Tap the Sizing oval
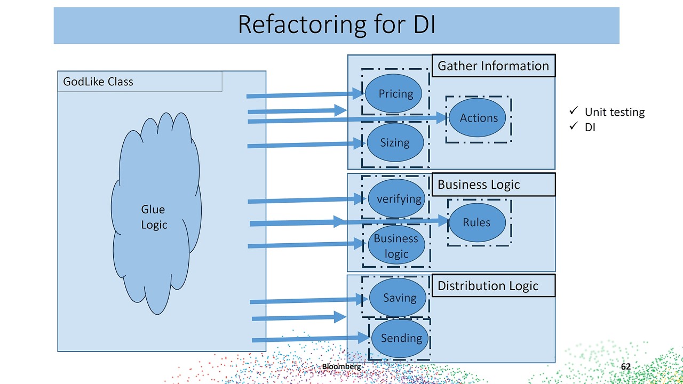[395, 142]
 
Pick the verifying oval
[397, 198]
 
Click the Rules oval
[476, 222]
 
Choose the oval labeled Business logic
[396, 245]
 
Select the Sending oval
[400, 338]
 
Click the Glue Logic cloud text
[154, 217]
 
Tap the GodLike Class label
[98, 82]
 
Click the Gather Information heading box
[493, 66]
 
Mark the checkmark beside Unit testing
[574, 111]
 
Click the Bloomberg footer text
[341, 366]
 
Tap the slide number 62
[625, 367]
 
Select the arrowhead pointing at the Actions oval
[442, 118]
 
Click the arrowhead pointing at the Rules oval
[443, 221]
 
